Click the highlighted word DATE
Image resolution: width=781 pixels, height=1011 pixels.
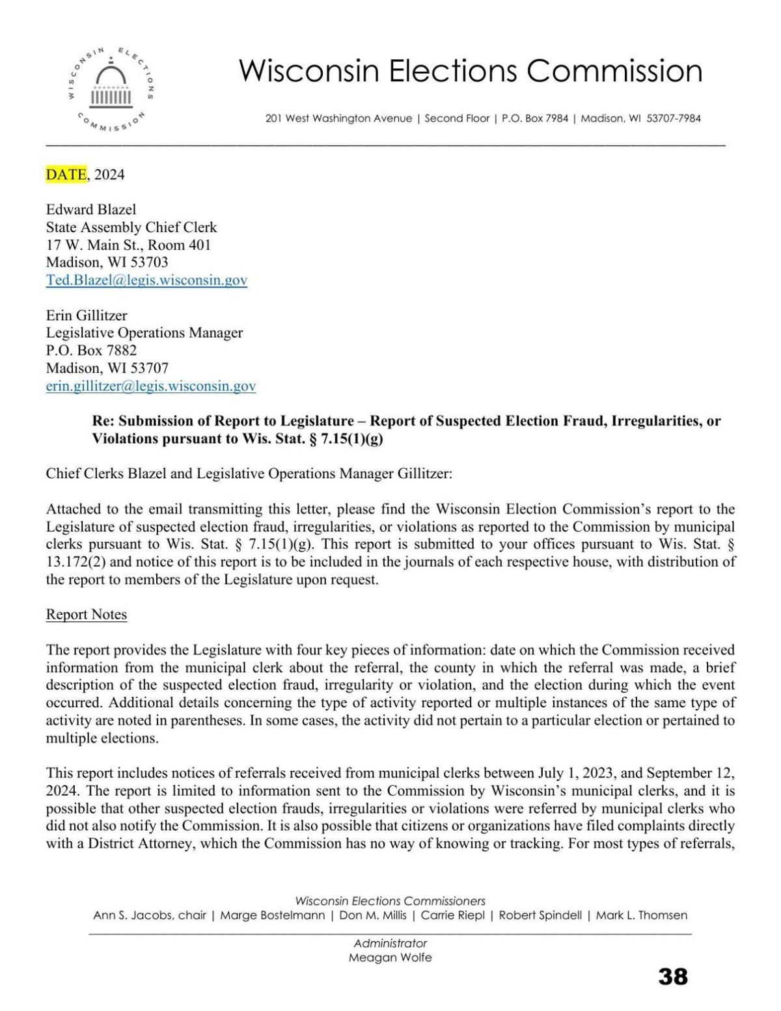pos(66,174)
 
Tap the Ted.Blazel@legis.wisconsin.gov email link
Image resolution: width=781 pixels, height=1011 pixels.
pos(146,280)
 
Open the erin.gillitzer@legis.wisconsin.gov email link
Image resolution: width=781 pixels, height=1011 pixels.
pos(150,386)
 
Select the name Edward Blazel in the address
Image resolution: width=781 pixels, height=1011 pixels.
pos(90,209)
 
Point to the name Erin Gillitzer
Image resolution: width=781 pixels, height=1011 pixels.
pos(86,315)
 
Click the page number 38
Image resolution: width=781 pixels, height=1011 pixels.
pos(672,977)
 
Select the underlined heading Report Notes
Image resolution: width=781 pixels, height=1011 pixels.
pos(86,615)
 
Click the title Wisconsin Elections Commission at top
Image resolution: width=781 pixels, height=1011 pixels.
pos(471,70)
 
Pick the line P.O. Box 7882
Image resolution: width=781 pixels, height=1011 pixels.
pos(91,351)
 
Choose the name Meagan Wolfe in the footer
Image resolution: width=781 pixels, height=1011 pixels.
pos(390,958)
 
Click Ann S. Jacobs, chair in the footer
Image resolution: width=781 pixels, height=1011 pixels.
pos(150,915)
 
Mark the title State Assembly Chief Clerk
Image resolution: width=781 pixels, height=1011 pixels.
pos(131,228)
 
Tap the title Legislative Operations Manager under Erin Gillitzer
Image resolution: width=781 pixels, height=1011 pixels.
pos(144,333)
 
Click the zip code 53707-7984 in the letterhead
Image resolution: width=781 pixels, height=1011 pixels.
pos(674,118)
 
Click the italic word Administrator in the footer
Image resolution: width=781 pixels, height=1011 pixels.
pos(390,943)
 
